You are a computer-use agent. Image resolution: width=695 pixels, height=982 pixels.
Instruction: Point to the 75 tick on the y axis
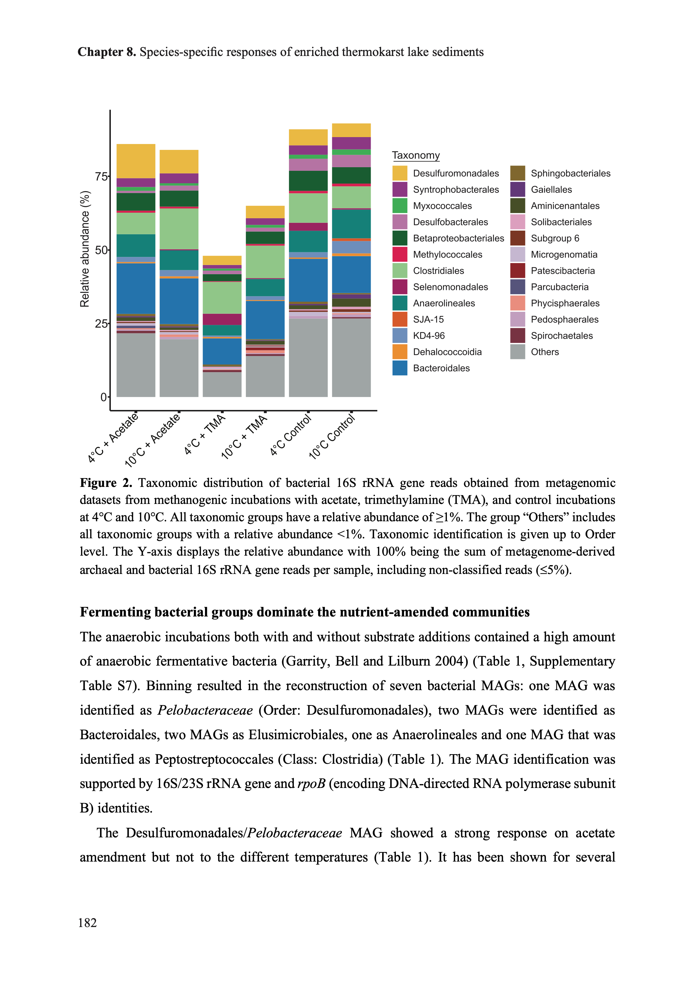point(101,176)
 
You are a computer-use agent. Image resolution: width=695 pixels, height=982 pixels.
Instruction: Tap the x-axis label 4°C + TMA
point(205,434)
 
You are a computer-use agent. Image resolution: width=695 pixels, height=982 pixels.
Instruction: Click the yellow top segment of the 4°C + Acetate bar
point(136,161)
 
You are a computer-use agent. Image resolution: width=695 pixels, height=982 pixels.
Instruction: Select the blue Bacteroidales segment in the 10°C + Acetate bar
point(179,301)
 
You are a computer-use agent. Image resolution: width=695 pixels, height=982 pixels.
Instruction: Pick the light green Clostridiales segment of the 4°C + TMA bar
point(222,298)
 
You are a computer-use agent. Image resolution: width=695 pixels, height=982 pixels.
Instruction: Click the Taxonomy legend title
point(415,155)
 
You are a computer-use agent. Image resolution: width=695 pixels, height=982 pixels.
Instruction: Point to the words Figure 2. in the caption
point(106,483)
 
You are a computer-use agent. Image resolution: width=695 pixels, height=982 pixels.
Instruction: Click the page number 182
point(87,922)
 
